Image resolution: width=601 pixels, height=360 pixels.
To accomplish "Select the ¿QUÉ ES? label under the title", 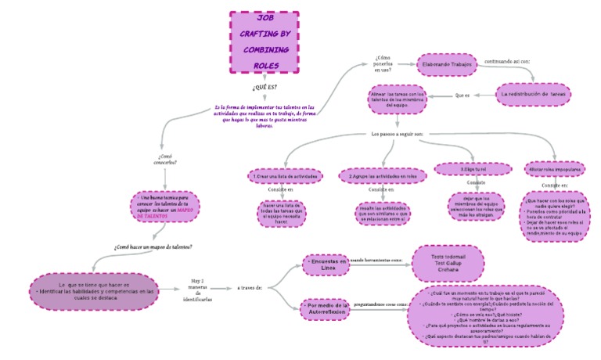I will [x=264, y=86].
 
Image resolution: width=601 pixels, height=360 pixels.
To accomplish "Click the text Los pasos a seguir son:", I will [x=397, y=134].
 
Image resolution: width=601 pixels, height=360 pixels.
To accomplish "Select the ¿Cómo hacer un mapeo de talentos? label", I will [x=153, y=247].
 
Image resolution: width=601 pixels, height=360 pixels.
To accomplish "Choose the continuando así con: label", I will [x=508, y=59].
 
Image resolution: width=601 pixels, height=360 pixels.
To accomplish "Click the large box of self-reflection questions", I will [x=485, y=317].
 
